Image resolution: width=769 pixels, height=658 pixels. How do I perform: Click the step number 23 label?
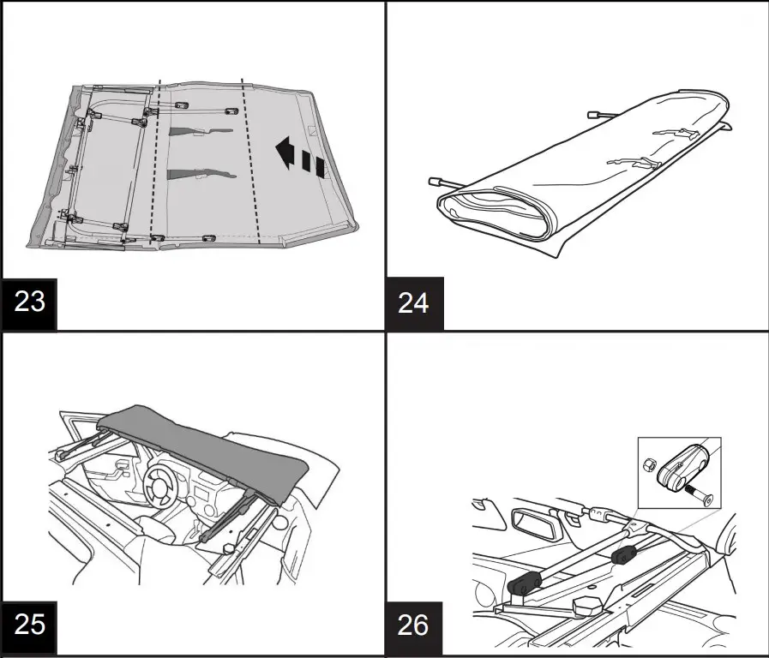[29, 302]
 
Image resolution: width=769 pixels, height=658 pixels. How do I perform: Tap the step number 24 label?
[414, 302]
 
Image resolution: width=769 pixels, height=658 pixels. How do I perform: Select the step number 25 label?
[29, 623]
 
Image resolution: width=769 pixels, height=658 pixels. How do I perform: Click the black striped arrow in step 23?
[299, 158]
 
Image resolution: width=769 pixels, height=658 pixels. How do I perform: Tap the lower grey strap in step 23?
[197, 174]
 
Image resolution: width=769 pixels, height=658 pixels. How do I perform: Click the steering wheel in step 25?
[163, 485]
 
